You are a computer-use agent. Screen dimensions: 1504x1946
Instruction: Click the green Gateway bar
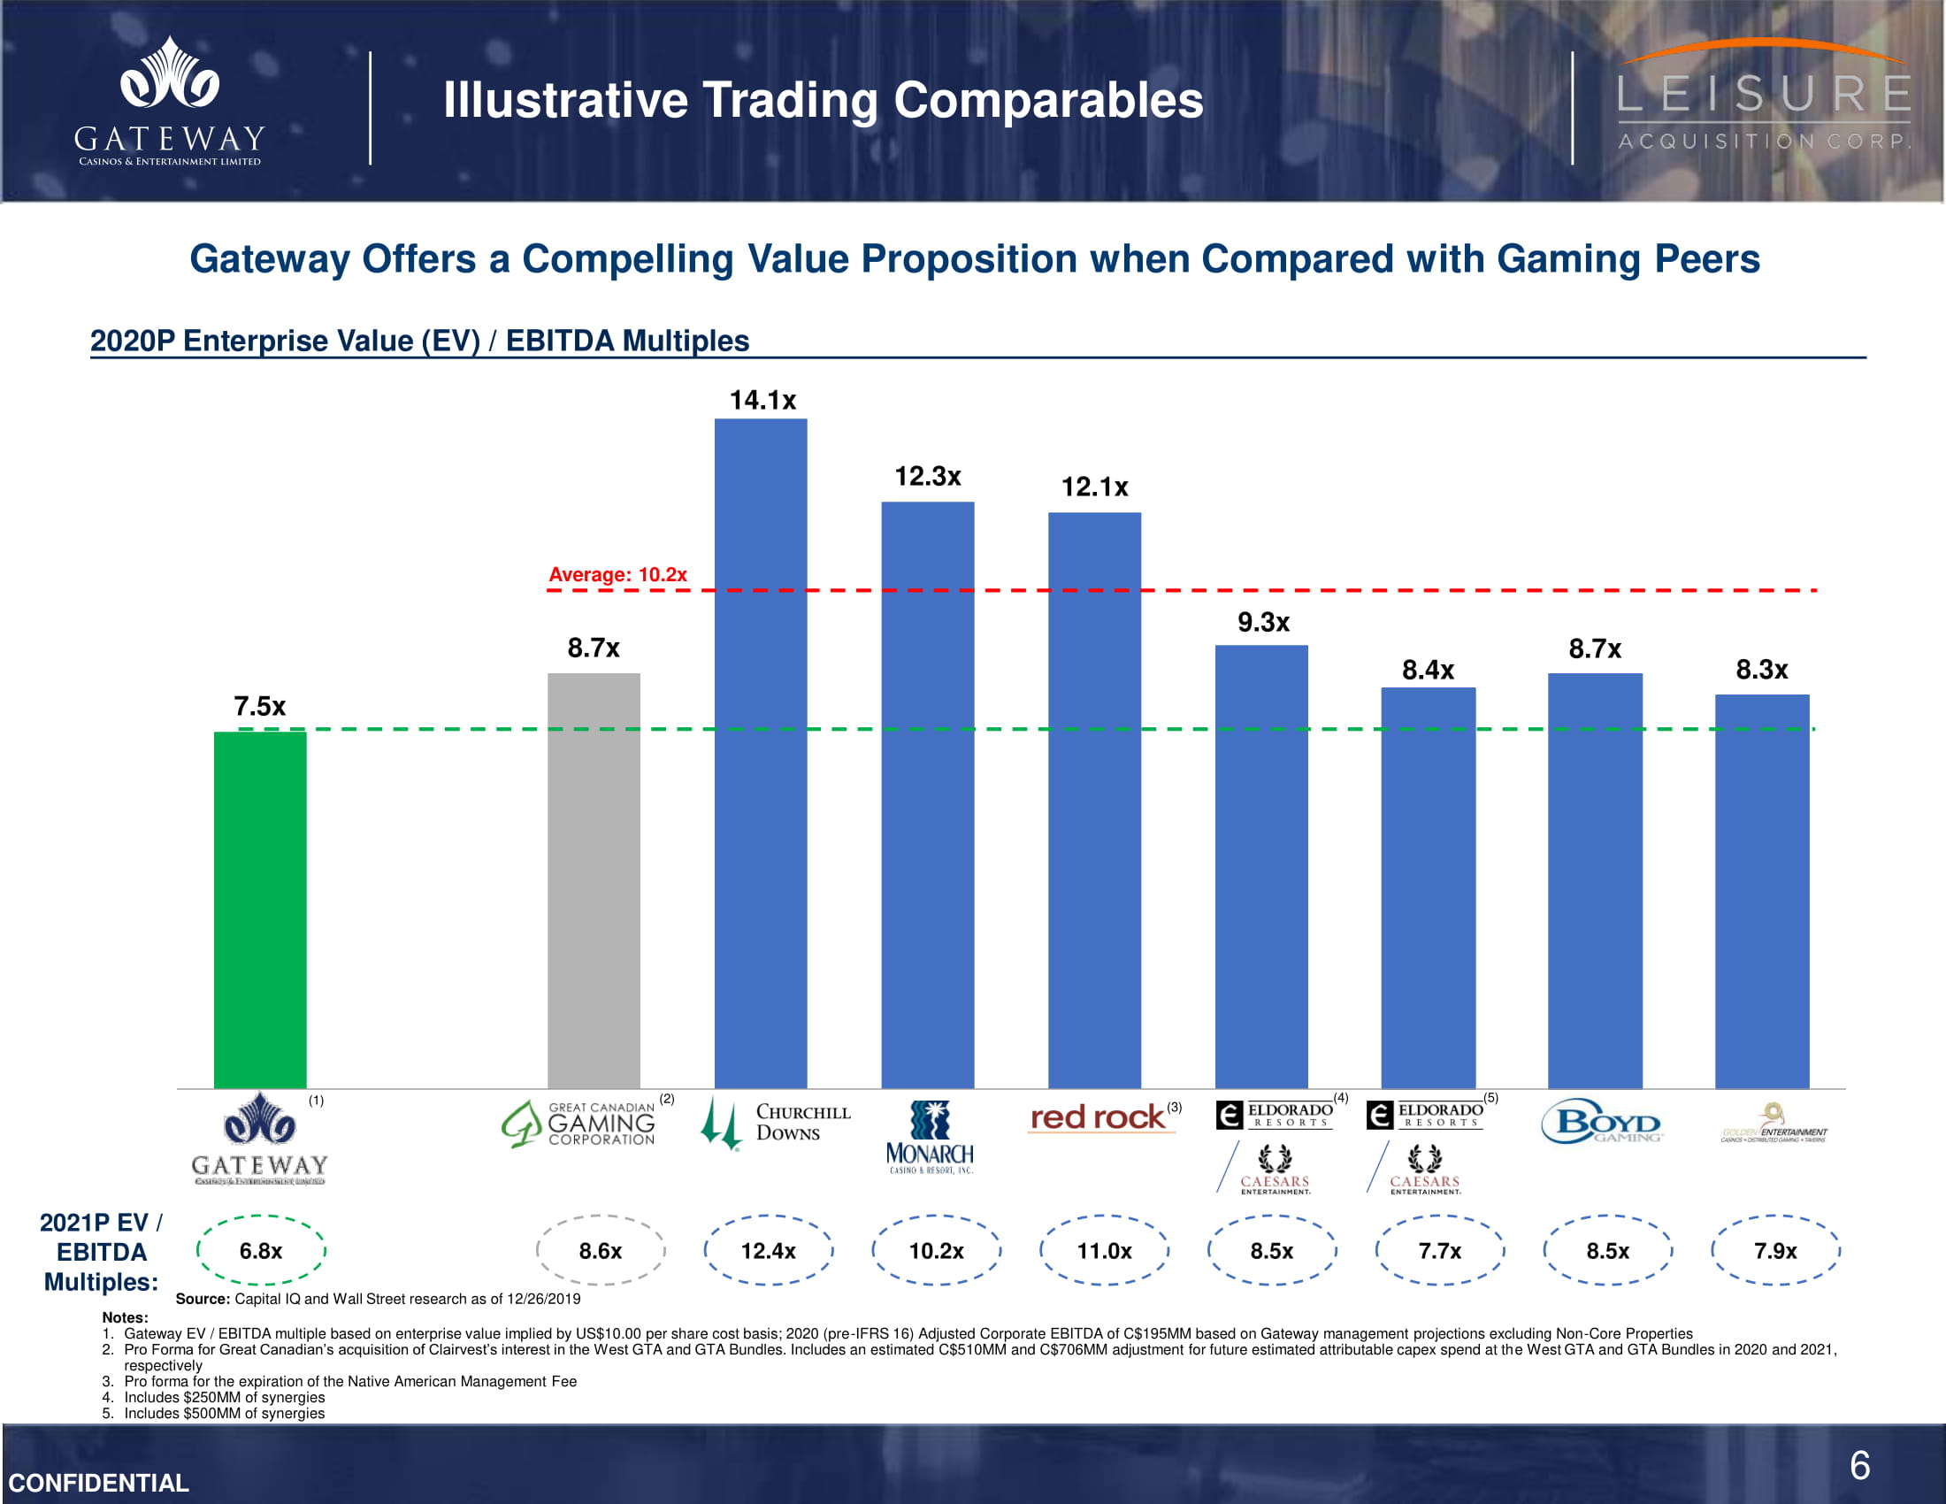pyautogui.click(x=259, y=909)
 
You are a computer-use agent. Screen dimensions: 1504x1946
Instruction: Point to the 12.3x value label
pyautogui.click(x=928, y=477)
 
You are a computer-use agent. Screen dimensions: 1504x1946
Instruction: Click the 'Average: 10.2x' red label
pyautogui.click(x=617, y=575)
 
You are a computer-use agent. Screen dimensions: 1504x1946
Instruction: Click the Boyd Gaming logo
pyautogui.click(x=1601, y=1123)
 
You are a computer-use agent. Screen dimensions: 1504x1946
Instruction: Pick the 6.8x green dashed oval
pyautogui.click(x=260, y=1251)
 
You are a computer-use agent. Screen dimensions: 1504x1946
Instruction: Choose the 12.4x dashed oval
pyautogui.click(x=768, y=1251)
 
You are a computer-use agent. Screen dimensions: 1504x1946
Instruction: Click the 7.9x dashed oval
pyautogui.click(x=1775, y=1251)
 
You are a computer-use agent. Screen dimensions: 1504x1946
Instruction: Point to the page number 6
pyautogui.click(x=1859, y=1466)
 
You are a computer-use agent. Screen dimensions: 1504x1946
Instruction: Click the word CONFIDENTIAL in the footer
pyautogui.click(x=99, y=1483)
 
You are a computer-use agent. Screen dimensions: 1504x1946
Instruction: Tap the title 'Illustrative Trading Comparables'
pyautogui.click(x=823, y=100)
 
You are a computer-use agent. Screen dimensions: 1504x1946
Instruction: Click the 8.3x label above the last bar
pyautogui.click(x=1761, y=670)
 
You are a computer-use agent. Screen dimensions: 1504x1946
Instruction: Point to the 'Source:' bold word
pyautogui.click(x=203, y=1299)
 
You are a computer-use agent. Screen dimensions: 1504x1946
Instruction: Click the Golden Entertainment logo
pyautogui.click(x=1774, y=1124)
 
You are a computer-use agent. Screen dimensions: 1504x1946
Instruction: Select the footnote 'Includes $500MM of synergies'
pyautogui.click(x=225, y=1413)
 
